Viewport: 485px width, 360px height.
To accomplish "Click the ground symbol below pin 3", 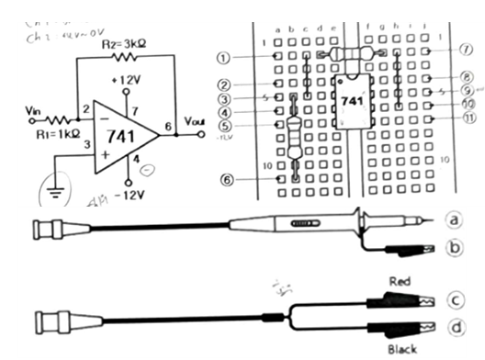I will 55,192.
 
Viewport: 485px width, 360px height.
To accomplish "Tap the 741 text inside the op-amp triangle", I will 117,134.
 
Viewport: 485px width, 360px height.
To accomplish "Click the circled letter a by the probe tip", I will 450,219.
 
